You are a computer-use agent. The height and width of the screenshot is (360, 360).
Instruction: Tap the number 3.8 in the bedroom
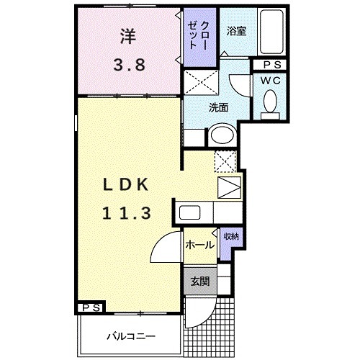click(x=130, y=64)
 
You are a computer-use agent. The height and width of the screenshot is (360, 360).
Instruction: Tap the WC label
click(x=271, y=81)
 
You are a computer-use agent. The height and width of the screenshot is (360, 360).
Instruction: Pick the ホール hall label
click(x=199, y=245)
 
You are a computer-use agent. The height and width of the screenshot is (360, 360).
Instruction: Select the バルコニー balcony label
click(x=128, y=335)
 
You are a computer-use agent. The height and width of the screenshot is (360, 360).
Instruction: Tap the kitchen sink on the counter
click(x=190, y=212)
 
